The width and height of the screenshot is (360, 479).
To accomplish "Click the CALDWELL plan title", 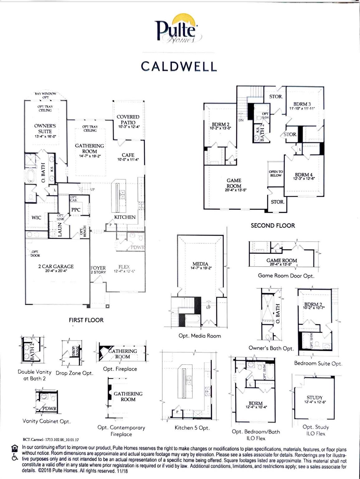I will (x=179, y=66).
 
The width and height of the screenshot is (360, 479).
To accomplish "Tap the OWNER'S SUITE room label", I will (x=45, y=129).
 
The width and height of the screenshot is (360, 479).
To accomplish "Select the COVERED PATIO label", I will (x=128, y=120).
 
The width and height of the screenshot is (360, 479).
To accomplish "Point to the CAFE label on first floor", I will (x=128, y=155).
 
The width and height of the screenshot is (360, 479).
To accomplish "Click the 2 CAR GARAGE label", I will (x=56, y=267).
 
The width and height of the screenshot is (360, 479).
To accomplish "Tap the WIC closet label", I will (x=36, y=218).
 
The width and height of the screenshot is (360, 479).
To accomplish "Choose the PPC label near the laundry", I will (x=76, y=210).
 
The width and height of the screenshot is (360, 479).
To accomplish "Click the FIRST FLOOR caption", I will (x=86, y=320).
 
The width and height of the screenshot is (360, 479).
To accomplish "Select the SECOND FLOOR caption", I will (x=273, y=225).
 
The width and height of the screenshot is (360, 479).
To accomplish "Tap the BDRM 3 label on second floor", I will (x=302, y=104).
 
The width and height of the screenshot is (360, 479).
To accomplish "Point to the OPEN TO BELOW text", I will (x=276, y=174).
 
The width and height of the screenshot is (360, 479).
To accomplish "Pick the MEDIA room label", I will (x=200, y=264).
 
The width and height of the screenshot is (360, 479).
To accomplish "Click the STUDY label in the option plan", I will (x=314, y=398).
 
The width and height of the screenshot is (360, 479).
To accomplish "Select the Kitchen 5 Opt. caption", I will (x=192, y=428).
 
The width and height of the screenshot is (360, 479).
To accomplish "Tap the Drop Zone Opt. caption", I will (x=74, y=373).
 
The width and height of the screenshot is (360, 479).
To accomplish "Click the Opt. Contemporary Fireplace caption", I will (x=121, y=431).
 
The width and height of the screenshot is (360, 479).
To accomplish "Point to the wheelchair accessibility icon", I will (x=14, y=457).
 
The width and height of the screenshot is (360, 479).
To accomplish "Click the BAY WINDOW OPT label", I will (x=46, y=94).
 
